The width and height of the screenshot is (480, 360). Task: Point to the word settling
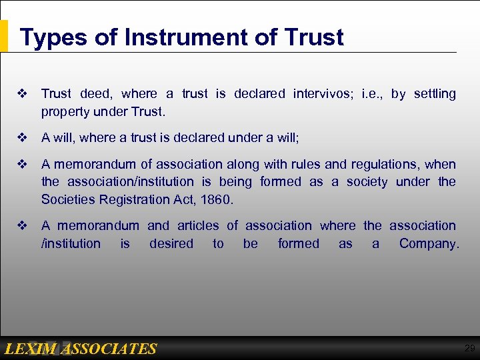coord(435,94)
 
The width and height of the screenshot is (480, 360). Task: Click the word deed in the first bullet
coord(97,94)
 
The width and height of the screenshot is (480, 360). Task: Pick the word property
coord(65,111)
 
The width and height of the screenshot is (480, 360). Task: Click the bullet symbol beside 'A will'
coord(24,138)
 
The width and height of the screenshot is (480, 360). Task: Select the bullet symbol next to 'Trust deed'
coord(24,94)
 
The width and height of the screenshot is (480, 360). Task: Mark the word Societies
coord(65,199)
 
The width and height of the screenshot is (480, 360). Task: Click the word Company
coord(429,244)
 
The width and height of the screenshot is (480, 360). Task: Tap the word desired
coord(171,244)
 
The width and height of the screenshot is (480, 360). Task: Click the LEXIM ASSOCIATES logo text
coord(80,349)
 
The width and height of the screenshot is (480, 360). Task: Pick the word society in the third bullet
coord(364,181)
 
